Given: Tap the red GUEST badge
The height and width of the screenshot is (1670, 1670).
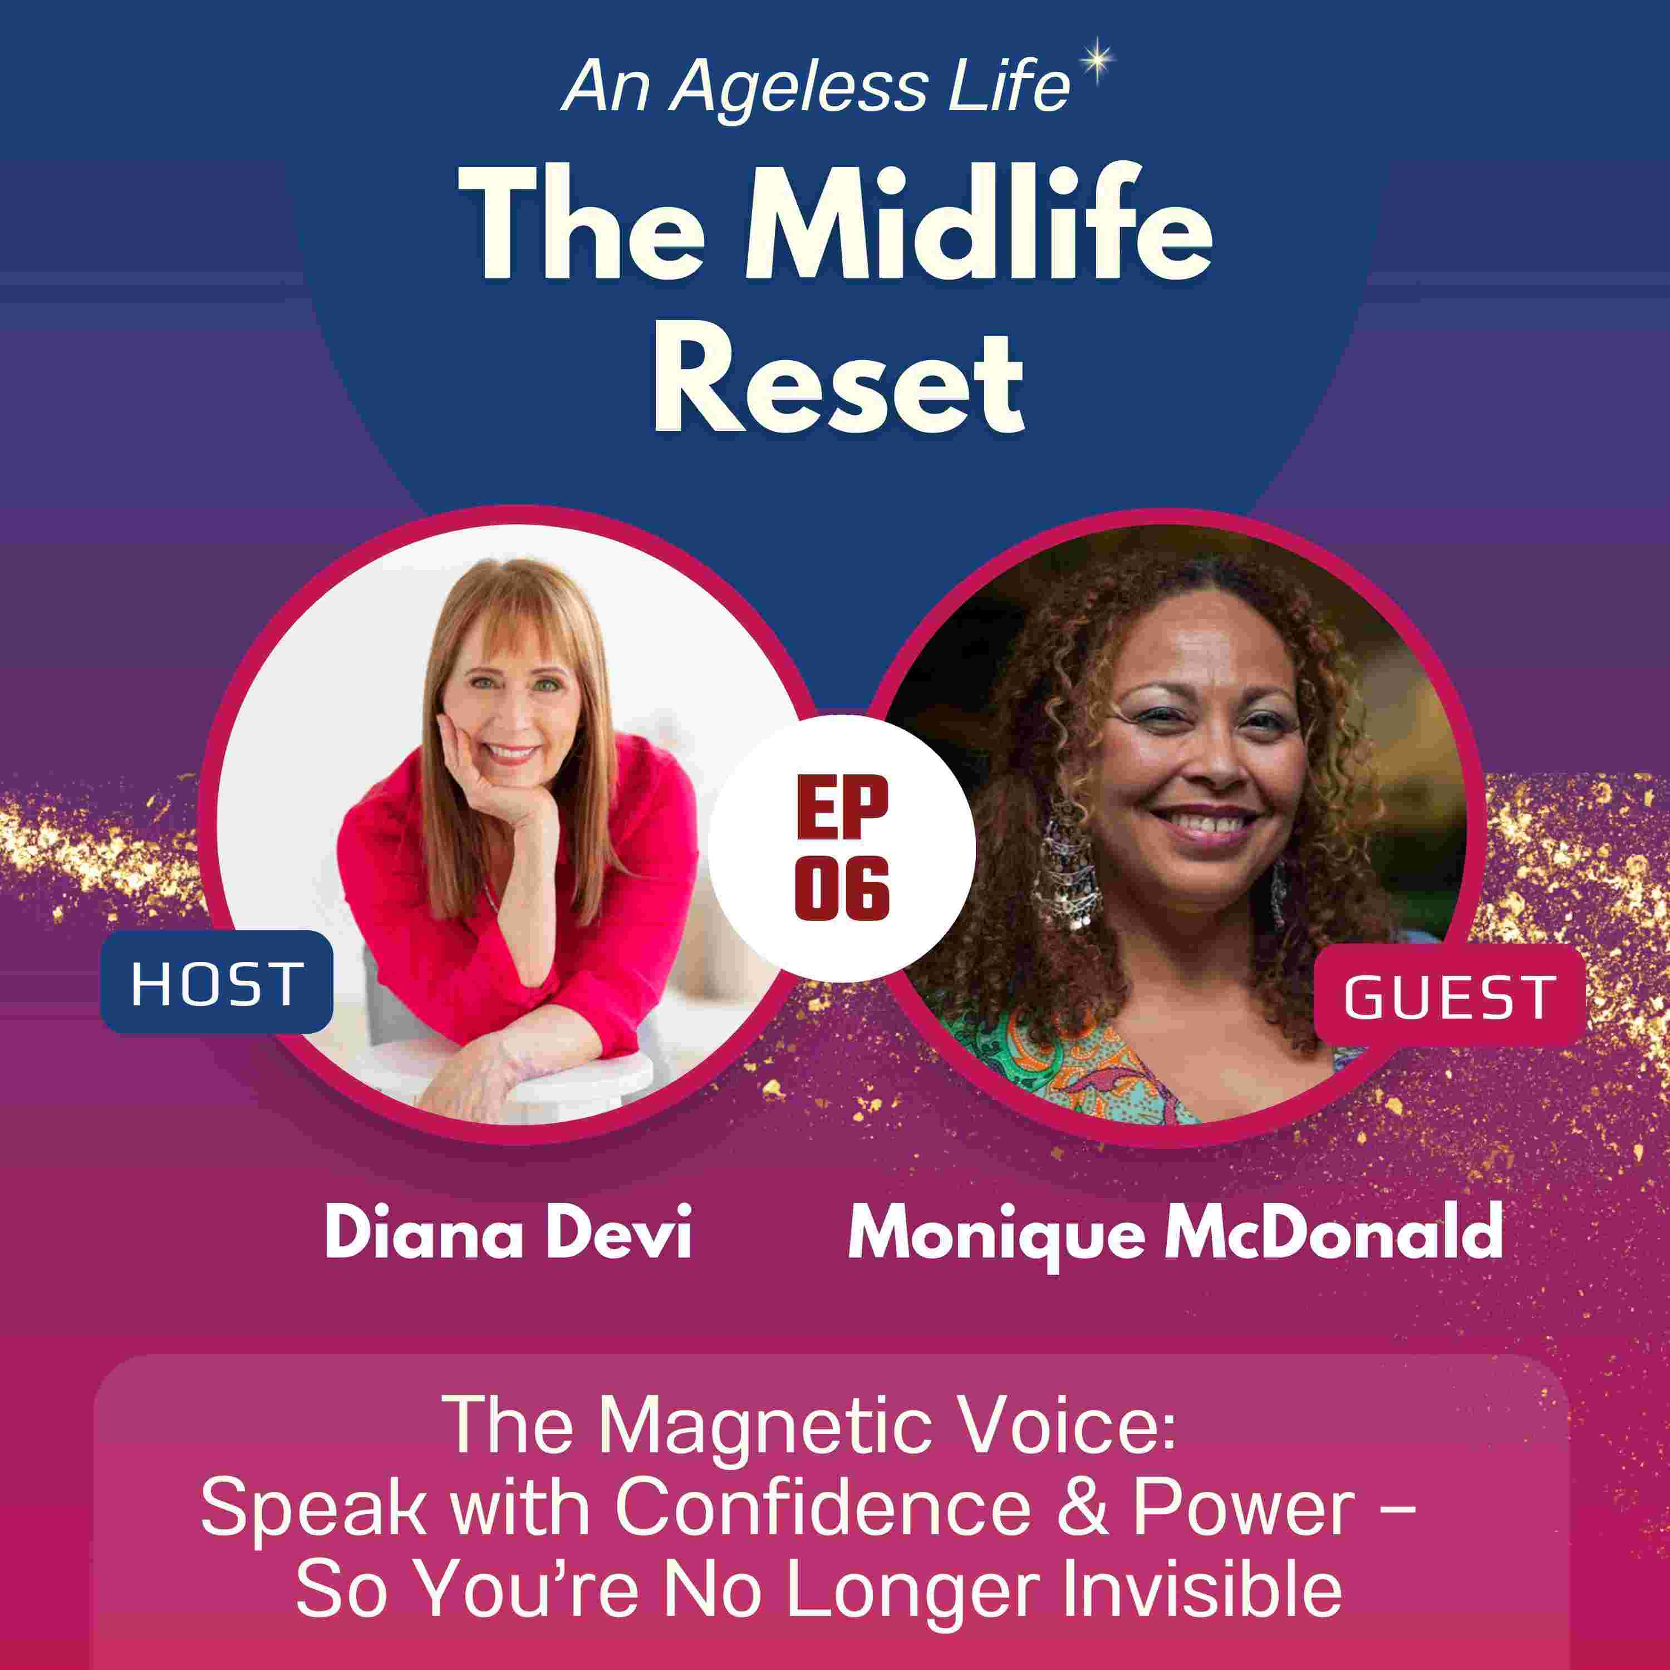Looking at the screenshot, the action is point(1450,996).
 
